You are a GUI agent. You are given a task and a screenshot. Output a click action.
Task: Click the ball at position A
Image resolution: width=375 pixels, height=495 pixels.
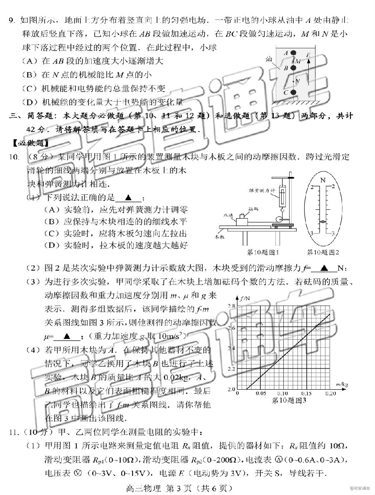293,53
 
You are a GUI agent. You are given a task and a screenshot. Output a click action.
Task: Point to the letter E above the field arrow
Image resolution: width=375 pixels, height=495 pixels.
308,55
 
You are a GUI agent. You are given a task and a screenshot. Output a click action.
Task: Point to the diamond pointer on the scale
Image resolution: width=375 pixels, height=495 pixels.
322,222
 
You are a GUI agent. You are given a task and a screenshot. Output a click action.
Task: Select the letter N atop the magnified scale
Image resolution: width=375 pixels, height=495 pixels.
322,180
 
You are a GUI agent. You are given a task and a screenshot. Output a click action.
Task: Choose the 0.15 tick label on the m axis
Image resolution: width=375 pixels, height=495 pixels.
306,393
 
